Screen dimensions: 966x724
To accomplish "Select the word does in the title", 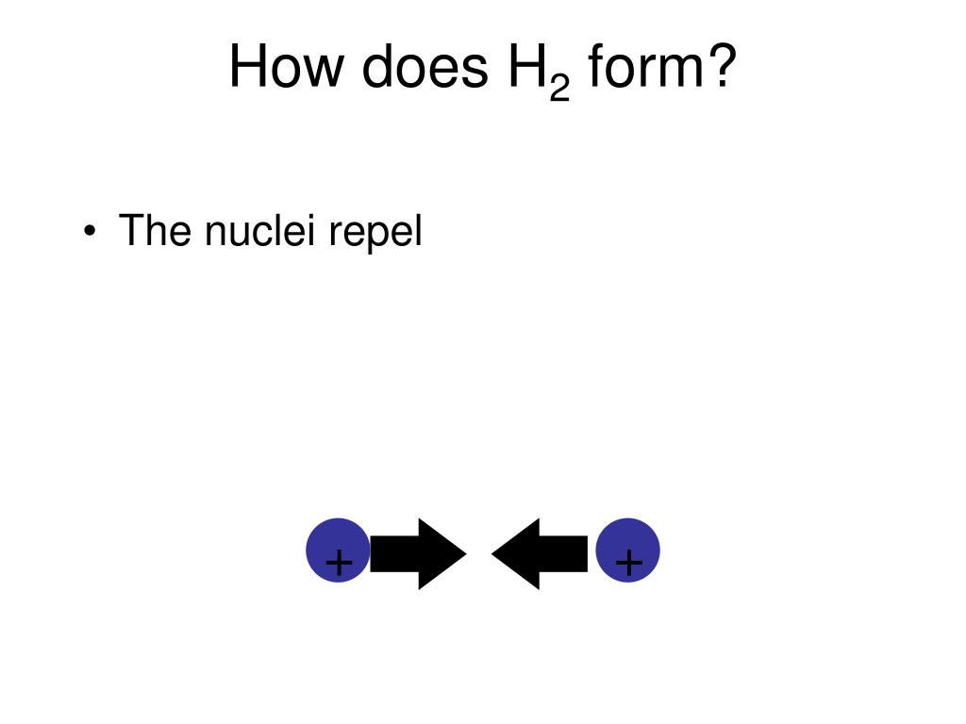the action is pyautogui.click(x=416, y=68).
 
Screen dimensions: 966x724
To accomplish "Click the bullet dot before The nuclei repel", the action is pyautogui.click(x=90, y=233).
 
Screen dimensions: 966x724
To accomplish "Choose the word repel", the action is pyautogui.click(x=375, y=233).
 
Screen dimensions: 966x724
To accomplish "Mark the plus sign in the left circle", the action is pyautogui.click(x=338, y=564).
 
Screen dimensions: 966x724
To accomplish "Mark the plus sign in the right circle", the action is pyautogui.click(x=628, y=564).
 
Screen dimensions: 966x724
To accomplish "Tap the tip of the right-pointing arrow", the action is pyautogui.click(x=464, y=554).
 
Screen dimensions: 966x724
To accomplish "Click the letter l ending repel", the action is pyautogui.click(x=418, y=231).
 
